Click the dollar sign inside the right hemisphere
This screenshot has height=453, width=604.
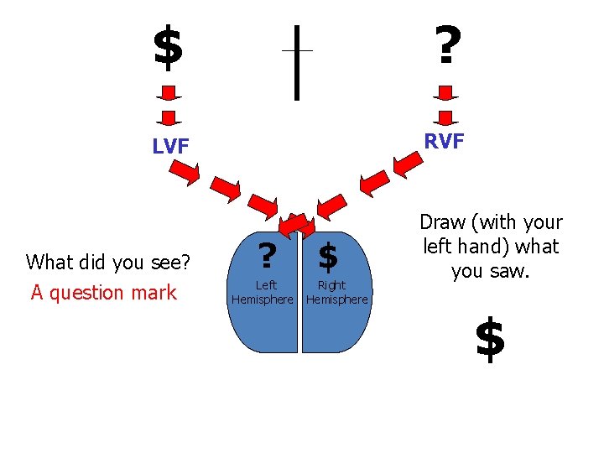pos(328,257)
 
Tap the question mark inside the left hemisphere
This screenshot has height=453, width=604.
pos(267,255)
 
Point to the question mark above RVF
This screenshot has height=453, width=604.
pos(445,45)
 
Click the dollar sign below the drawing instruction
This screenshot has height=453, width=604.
pos(490,340)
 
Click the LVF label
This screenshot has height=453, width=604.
pos(170,147)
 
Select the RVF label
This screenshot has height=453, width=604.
pos(444,142)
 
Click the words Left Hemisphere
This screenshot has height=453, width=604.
pos(263,293)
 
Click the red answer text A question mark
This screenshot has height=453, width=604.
pos(104,293)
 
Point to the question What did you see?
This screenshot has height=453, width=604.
pos(109,263)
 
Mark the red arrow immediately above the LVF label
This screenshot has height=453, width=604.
pos(169,117)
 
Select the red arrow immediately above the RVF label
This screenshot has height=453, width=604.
pos(445,117)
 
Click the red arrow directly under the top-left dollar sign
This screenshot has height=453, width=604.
pos(169,91)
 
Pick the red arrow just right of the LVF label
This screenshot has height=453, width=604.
pos(185,172)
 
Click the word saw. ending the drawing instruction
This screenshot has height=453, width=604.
pos(513,272)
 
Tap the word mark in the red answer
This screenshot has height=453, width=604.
pos(158,293)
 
